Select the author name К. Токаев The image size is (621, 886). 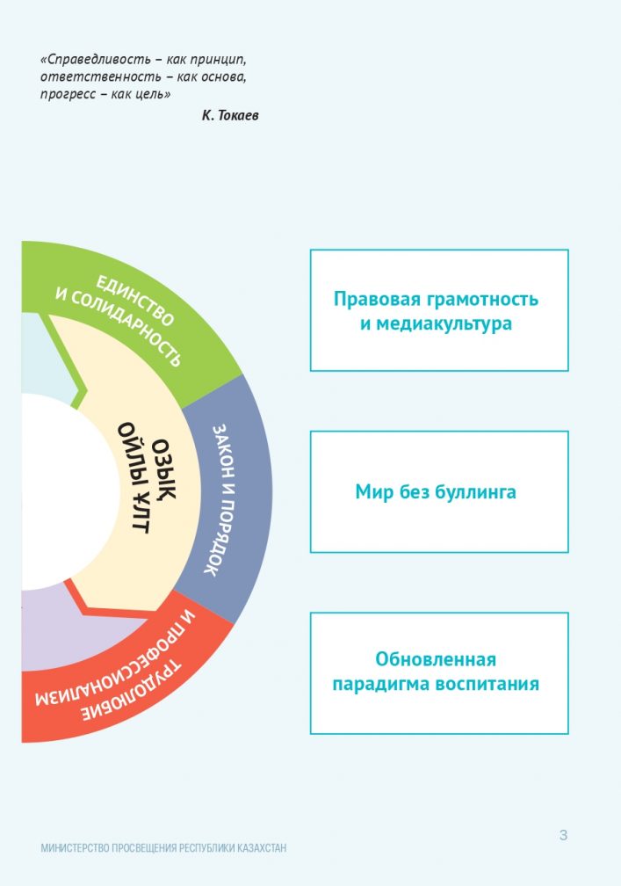coord(230,115)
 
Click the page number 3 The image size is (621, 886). coord(563,835)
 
